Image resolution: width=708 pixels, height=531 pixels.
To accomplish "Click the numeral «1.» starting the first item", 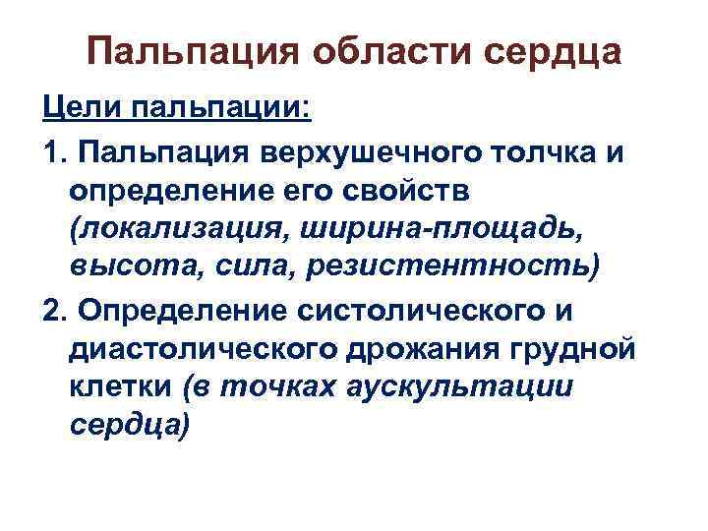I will [56, 151].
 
